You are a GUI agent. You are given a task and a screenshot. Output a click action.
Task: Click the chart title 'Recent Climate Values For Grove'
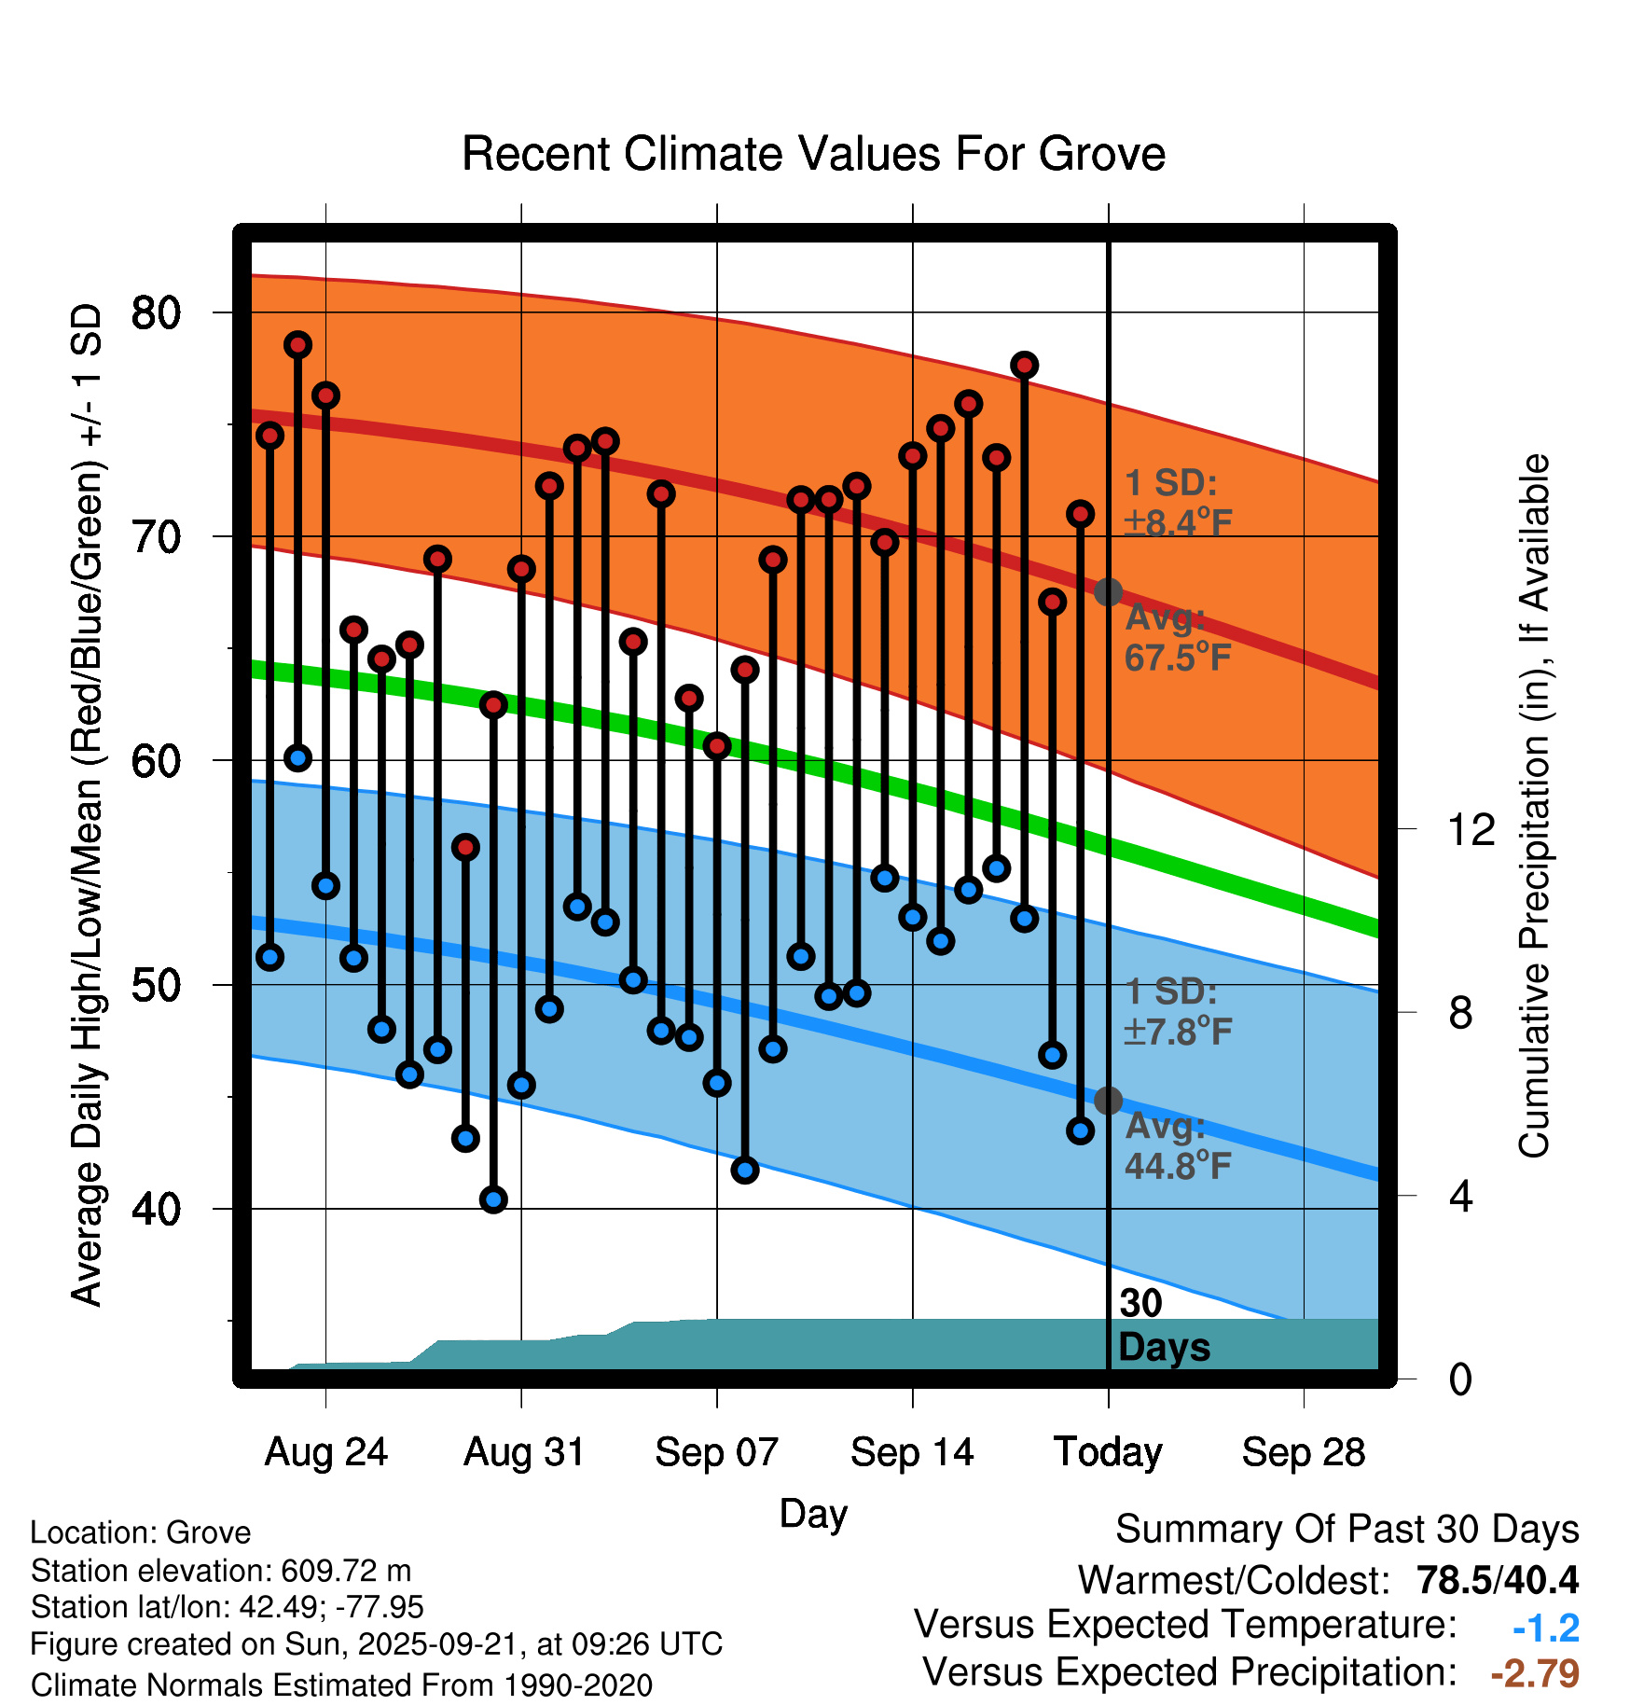tap(813, 154)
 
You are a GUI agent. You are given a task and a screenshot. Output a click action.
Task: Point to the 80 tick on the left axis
tap(156, 312)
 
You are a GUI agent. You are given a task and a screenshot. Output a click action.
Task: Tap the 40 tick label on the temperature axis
tap(156, 1210)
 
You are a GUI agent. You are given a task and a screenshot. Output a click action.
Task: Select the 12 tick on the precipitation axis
tap(1471, 829)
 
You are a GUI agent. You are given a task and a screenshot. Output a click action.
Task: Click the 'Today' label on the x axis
tap(1108, 1452)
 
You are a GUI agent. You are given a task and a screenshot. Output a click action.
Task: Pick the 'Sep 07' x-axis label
tap(716, 1452)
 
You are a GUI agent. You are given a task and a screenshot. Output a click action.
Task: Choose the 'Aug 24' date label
tap(325, 1452)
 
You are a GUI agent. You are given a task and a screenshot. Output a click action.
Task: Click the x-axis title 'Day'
tap(813, 1513)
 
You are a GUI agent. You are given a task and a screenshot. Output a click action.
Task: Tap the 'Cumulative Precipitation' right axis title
tap(1534, 807)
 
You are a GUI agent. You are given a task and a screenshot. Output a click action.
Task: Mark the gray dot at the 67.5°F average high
tap(1108, 592)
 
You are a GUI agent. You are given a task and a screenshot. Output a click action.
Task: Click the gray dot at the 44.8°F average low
tap(1108, 1101)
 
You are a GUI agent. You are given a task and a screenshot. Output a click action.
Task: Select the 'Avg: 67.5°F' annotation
tap(1177, 638)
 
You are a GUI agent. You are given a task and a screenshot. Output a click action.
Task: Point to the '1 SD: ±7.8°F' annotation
tap(1177, 1012)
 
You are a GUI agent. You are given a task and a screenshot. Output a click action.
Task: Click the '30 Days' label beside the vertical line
tap(1163, 1325)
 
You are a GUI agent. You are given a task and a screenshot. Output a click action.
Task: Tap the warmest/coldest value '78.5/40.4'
tap(1498, 1580)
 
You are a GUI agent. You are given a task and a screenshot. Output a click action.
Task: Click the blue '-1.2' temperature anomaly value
tap(1546, 1628)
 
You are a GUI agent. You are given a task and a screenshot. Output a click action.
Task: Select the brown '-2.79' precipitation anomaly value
tap(1535, 1673)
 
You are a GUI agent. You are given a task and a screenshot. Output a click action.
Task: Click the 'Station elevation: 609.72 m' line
tap(221, 1571)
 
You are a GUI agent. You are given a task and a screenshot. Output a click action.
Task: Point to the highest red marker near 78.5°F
tap(297, 345)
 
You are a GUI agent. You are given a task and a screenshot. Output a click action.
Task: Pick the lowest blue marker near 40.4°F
tap(493, 1199)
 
